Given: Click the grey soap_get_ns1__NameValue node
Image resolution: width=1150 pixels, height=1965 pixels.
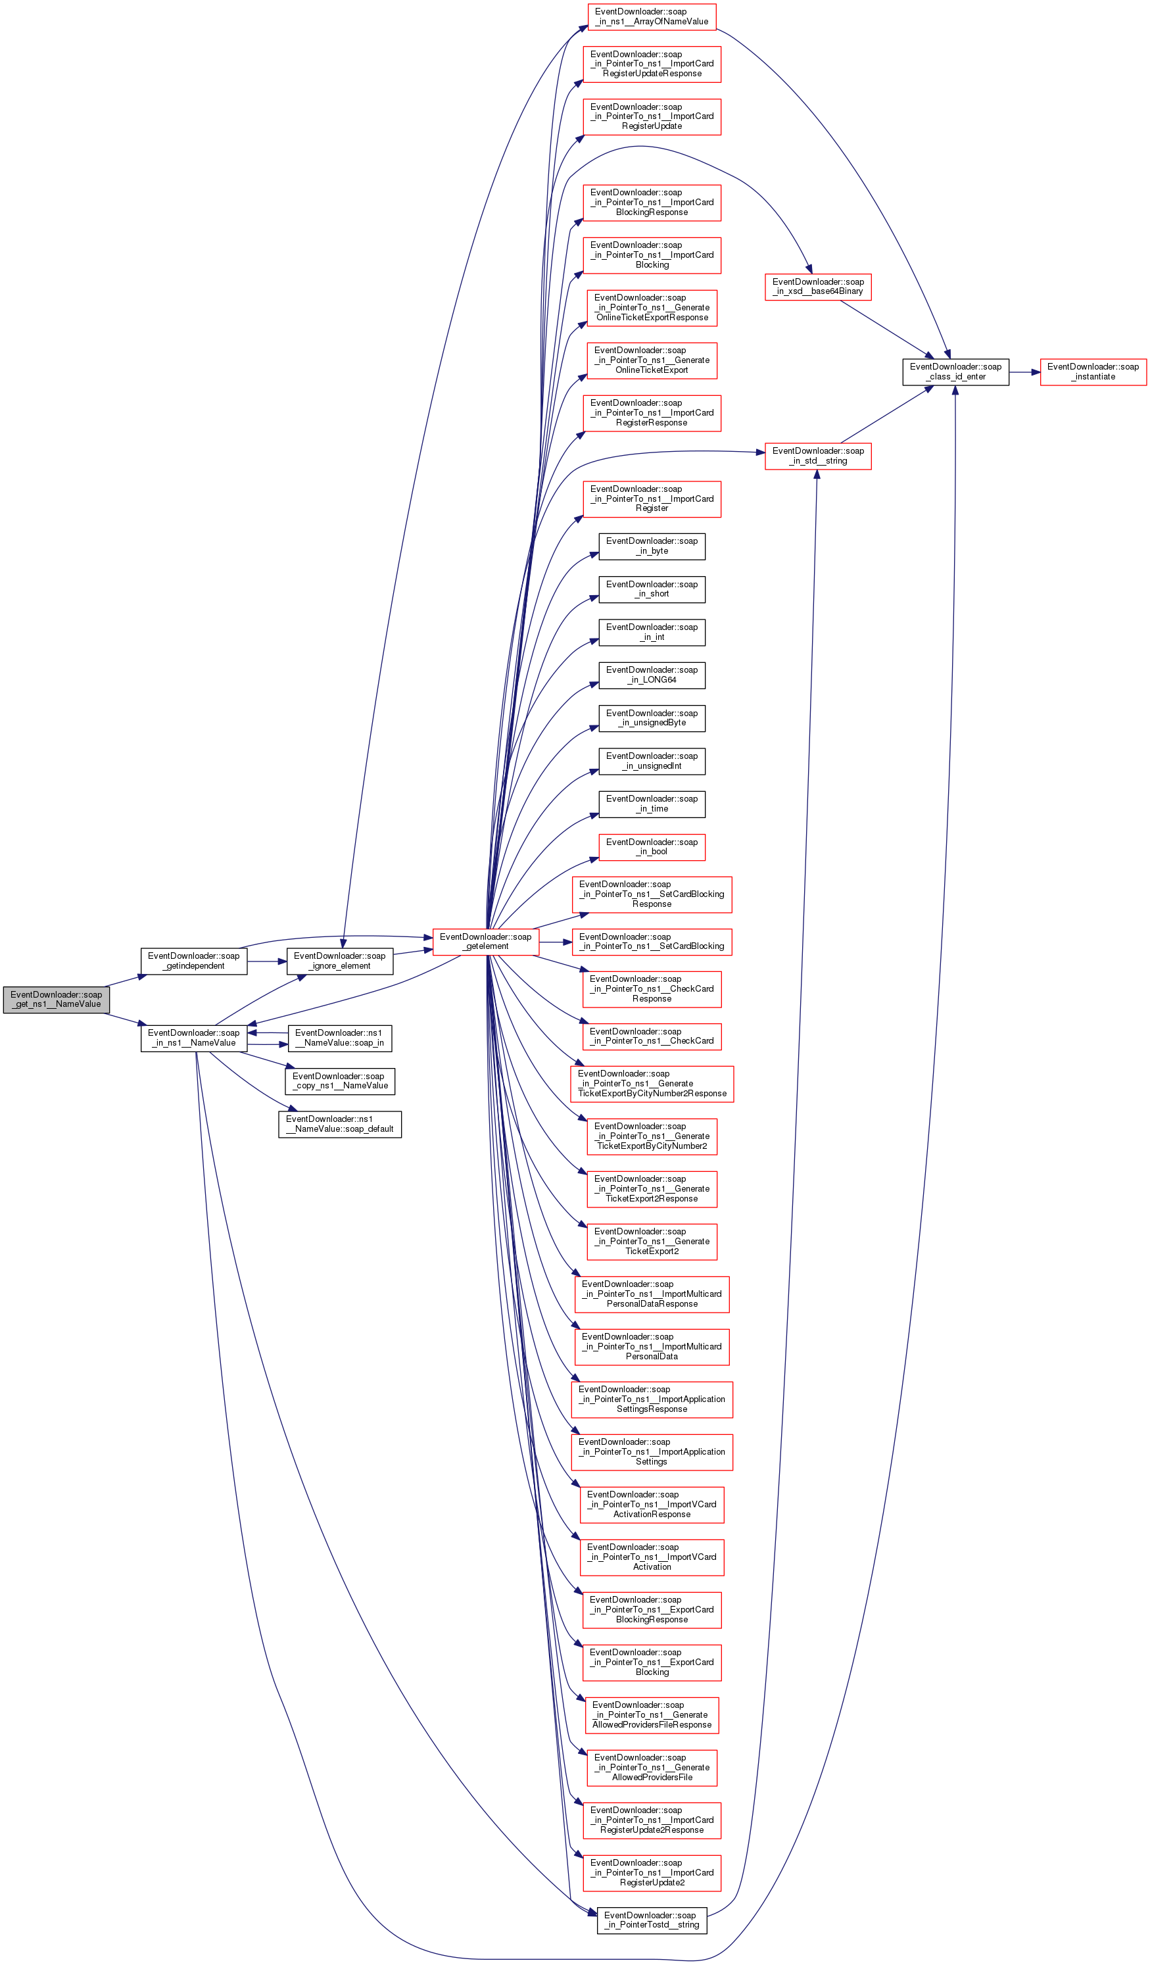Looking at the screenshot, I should (56, 999).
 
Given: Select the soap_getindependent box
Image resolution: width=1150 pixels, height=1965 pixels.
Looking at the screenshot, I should (193, 961).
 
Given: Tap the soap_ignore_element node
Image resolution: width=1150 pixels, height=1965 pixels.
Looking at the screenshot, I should (339, 961).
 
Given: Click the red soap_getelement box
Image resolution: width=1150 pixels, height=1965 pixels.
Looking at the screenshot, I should (485, 941).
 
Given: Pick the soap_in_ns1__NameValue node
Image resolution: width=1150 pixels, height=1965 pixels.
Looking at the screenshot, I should (193, 1038).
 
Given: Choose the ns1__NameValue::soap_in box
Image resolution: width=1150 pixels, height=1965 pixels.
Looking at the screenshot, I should (339, 1038).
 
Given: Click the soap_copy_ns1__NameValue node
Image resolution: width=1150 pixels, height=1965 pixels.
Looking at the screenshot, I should (339, 1080).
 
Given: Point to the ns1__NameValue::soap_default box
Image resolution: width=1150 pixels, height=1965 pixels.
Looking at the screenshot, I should (339, 1124).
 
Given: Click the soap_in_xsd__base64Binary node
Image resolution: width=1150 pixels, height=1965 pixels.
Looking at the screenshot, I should (817, 287).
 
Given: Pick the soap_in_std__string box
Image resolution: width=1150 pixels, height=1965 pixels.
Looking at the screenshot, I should (817, 456).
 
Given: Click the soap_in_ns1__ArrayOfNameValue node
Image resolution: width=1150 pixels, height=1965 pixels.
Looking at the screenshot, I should (651, 16).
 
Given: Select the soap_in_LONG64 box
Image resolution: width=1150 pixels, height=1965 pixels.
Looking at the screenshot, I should (651, 675).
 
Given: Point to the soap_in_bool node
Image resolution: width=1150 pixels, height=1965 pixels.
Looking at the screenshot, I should (651, 847).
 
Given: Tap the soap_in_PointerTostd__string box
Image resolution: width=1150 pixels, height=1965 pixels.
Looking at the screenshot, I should (651, 1920).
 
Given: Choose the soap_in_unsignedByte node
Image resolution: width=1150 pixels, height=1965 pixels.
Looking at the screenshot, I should (651, 718).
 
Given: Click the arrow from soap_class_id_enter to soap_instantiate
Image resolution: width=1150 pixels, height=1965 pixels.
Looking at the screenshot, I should (1024, 372).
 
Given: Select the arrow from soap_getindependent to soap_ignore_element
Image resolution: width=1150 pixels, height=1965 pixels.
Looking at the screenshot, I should (267, 961).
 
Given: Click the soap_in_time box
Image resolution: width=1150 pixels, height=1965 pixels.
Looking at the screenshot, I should (651, 804).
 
